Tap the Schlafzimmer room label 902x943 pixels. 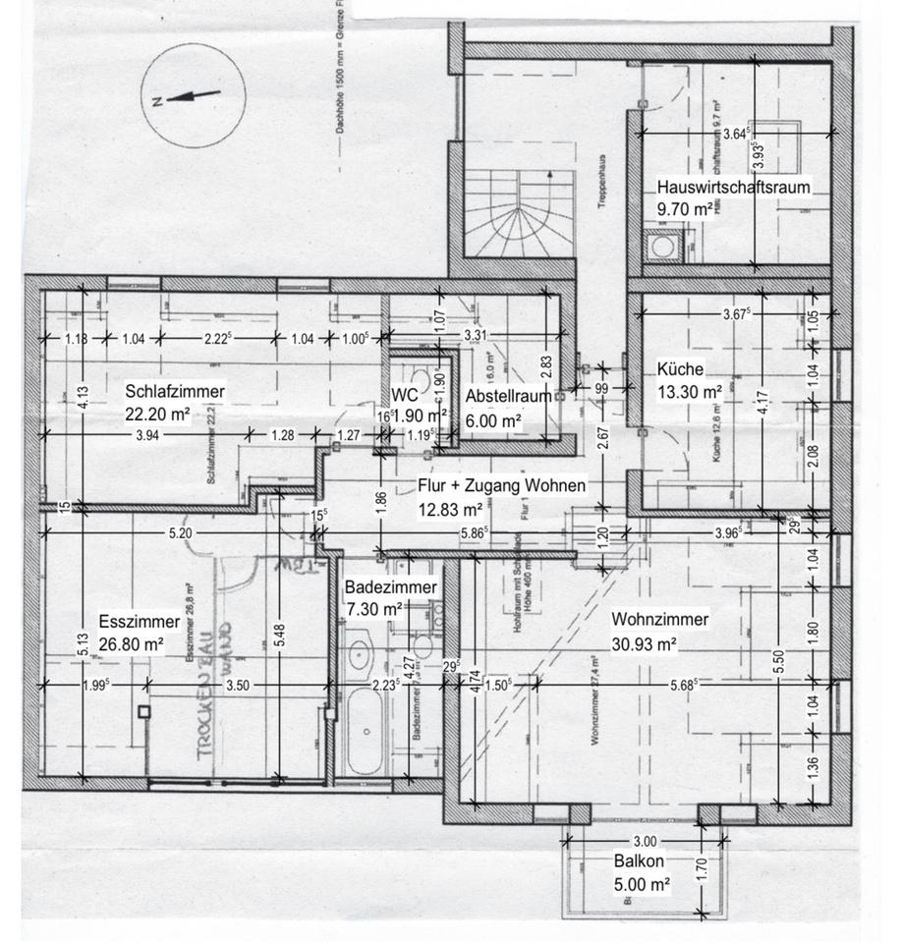[175, 392]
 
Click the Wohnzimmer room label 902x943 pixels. [659, 620]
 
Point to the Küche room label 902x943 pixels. [680, 370]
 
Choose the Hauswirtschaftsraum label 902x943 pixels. [735, 187]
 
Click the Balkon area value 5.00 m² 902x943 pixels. [642, 884]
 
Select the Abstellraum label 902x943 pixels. [508, 396]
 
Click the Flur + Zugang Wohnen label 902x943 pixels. [502, 485]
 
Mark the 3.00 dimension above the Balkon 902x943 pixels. [645, 841]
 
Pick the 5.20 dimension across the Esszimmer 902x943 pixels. [179, 533]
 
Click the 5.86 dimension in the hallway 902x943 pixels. [473, 533]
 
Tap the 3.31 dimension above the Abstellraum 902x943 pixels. [475, 336]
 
